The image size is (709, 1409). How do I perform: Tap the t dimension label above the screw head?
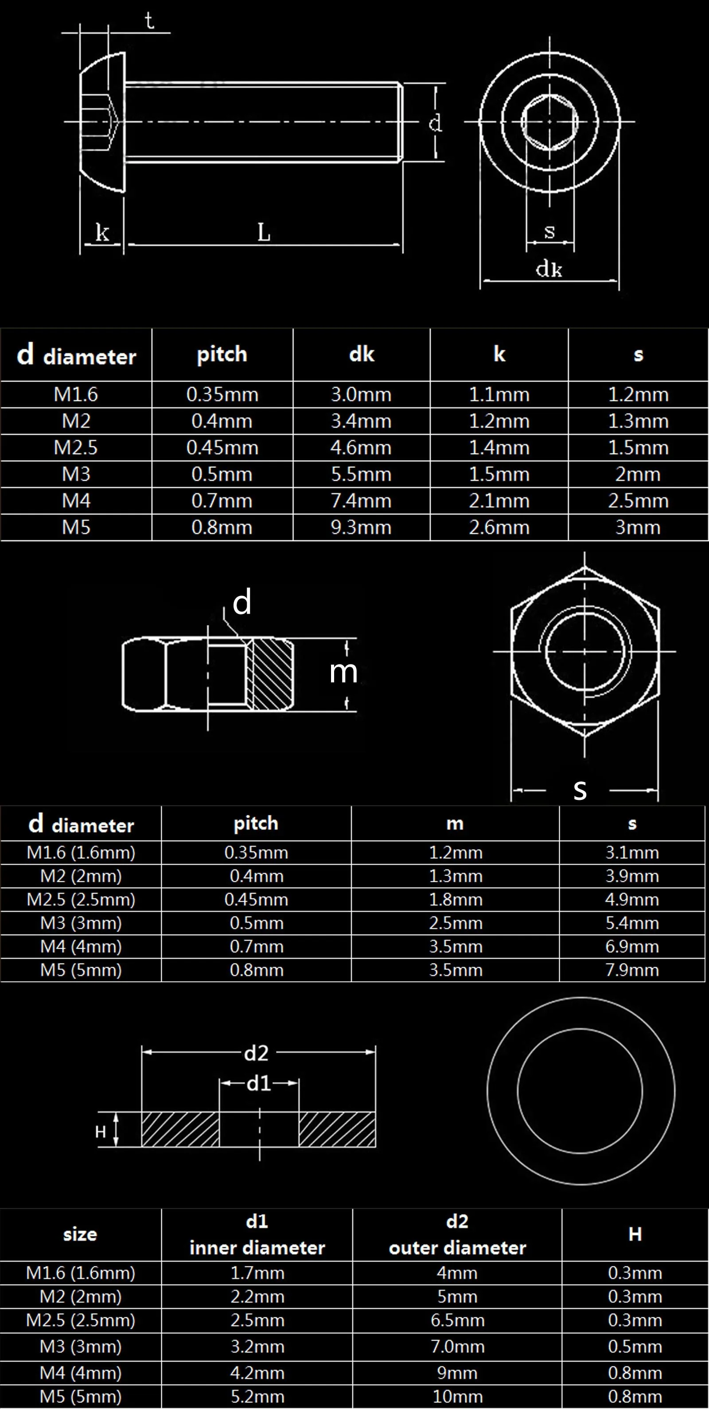click(x=149, y=21)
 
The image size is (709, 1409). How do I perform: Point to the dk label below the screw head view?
click(x=549, y=269)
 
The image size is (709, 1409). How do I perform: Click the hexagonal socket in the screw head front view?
click(x=549, y=121)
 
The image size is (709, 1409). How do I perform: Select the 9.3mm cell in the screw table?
click(x=361, y=527)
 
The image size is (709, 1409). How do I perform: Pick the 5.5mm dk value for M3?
click(x=361, y=474)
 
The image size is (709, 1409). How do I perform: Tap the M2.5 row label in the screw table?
click(x=76, y=448)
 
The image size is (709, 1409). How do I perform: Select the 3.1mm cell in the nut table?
click(x=632, y=853)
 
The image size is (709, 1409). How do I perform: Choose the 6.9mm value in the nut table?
click(x=632, y=947)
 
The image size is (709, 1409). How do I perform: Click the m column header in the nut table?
click(x=455, y=824)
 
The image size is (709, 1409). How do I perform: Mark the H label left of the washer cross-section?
click(x=101, y=1132)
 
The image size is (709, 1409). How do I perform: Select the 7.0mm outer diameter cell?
click(x=457, y=1346)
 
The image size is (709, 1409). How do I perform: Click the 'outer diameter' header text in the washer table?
click(x=457, y=1247)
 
